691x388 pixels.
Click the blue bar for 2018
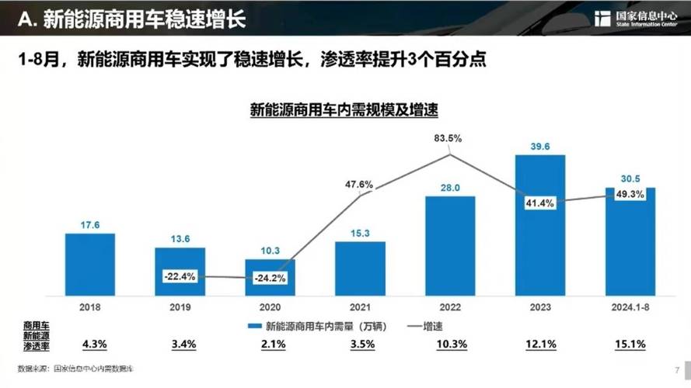coord(89,264)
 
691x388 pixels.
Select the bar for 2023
coord(539,225)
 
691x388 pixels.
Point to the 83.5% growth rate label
coord(448,138)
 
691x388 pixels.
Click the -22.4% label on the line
coord(180,275)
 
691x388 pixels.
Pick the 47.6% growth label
coord(358,185)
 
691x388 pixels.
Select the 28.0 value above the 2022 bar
coord(450,188)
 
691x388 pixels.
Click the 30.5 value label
coord(630,178)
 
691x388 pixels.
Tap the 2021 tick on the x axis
coord(360,307)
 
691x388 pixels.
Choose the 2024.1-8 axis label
coord(630,307)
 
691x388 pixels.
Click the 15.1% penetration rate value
coord(630,342)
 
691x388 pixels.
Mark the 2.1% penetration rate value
coord(270,342)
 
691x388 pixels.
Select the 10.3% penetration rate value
coord(450,342)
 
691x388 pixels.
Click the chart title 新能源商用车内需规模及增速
coord(344,110)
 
